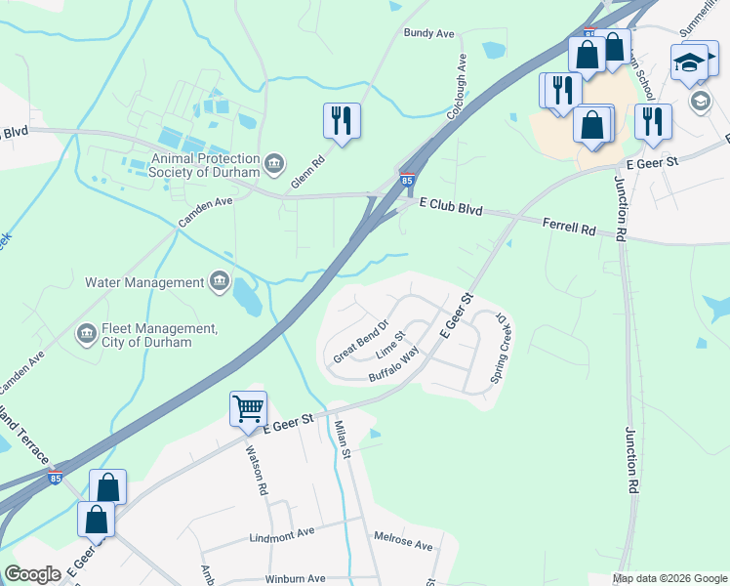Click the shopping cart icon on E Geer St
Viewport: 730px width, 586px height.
click(249, 409)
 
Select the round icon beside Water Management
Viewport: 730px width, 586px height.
click(219, 282)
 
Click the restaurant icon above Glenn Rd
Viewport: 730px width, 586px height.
click(342, 121)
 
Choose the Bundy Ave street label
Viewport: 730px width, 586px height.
click(429, 33)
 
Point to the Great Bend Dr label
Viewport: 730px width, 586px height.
click(360, 341)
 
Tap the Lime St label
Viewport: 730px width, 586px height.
click(389, 349)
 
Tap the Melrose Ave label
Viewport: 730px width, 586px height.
click(403, 541)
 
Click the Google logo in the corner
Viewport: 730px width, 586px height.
click(33, 574)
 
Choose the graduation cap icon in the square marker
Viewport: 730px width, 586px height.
click(689, 63)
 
